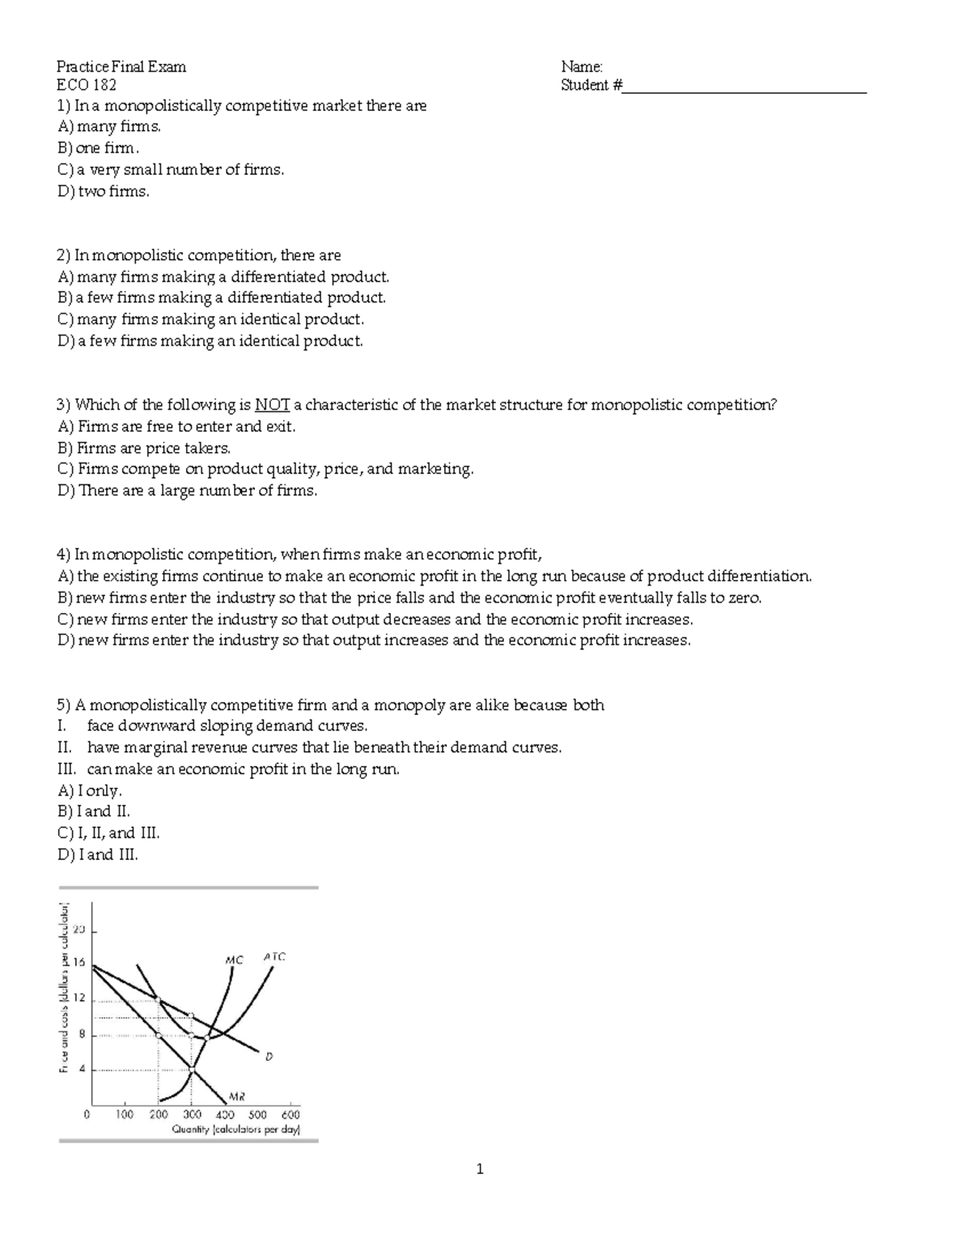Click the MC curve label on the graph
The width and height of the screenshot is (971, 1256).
[233, 960]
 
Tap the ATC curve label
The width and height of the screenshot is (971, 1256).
[274, 956]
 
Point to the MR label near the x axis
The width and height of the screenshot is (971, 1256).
[236, 1097]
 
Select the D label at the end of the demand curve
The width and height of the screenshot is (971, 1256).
[268, 1055]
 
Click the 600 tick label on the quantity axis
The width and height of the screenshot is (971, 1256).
[290, 1114]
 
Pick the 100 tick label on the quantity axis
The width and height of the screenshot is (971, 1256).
[124, 1114]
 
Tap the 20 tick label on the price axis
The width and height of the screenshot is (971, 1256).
[78, 929]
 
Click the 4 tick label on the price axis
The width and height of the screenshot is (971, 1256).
[79, 1069]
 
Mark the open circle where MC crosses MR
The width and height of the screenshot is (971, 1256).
[192, 1070]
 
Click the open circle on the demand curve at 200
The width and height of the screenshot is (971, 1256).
[159, 1000]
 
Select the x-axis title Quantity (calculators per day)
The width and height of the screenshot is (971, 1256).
[235, 1130]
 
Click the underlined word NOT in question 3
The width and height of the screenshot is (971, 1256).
[272, 405]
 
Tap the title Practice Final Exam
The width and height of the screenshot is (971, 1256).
[121, 66]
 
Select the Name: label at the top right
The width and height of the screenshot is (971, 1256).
[581, 66]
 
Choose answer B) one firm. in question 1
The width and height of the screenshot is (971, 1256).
[99, 149]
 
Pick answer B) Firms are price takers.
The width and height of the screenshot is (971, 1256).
[144, 448]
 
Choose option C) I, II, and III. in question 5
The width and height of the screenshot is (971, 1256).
[109, 833]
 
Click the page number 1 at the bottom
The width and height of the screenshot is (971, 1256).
[480, 1169]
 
